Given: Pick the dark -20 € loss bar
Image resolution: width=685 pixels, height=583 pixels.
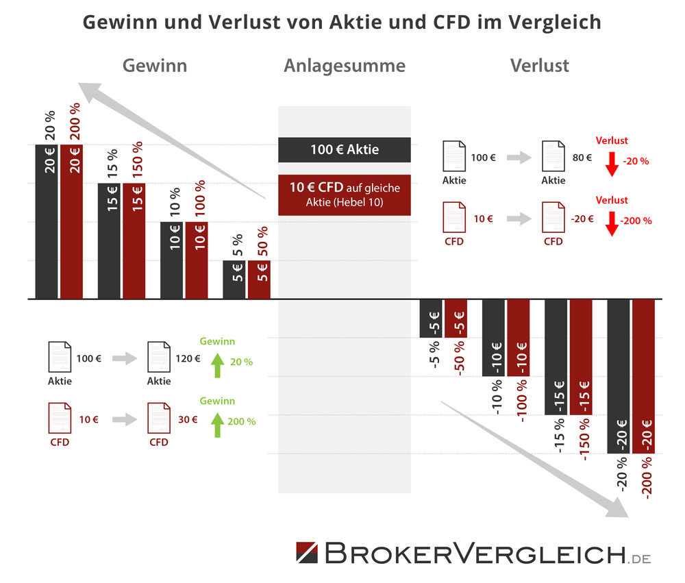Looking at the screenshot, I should pos(619,376).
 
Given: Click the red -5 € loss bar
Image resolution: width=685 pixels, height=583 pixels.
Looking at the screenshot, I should pos(456,319).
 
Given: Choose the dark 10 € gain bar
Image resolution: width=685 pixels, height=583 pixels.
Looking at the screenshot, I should pos(171,260).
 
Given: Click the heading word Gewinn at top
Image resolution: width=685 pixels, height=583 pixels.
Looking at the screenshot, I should pos(155,66).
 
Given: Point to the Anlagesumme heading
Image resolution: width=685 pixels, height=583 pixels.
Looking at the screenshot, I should pos(345,66).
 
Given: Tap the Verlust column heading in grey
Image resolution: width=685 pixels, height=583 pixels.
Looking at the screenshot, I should pos(540,66).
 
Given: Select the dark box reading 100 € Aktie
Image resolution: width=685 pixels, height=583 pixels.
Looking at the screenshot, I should pos(345,149).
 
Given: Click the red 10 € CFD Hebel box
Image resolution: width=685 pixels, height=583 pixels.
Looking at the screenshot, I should pos(345,195).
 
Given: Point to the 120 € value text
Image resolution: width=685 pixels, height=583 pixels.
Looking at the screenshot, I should pos(188,358).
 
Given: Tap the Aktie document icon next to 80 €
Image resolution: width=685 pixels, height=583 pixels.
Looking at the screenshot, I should pos(553,157).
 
